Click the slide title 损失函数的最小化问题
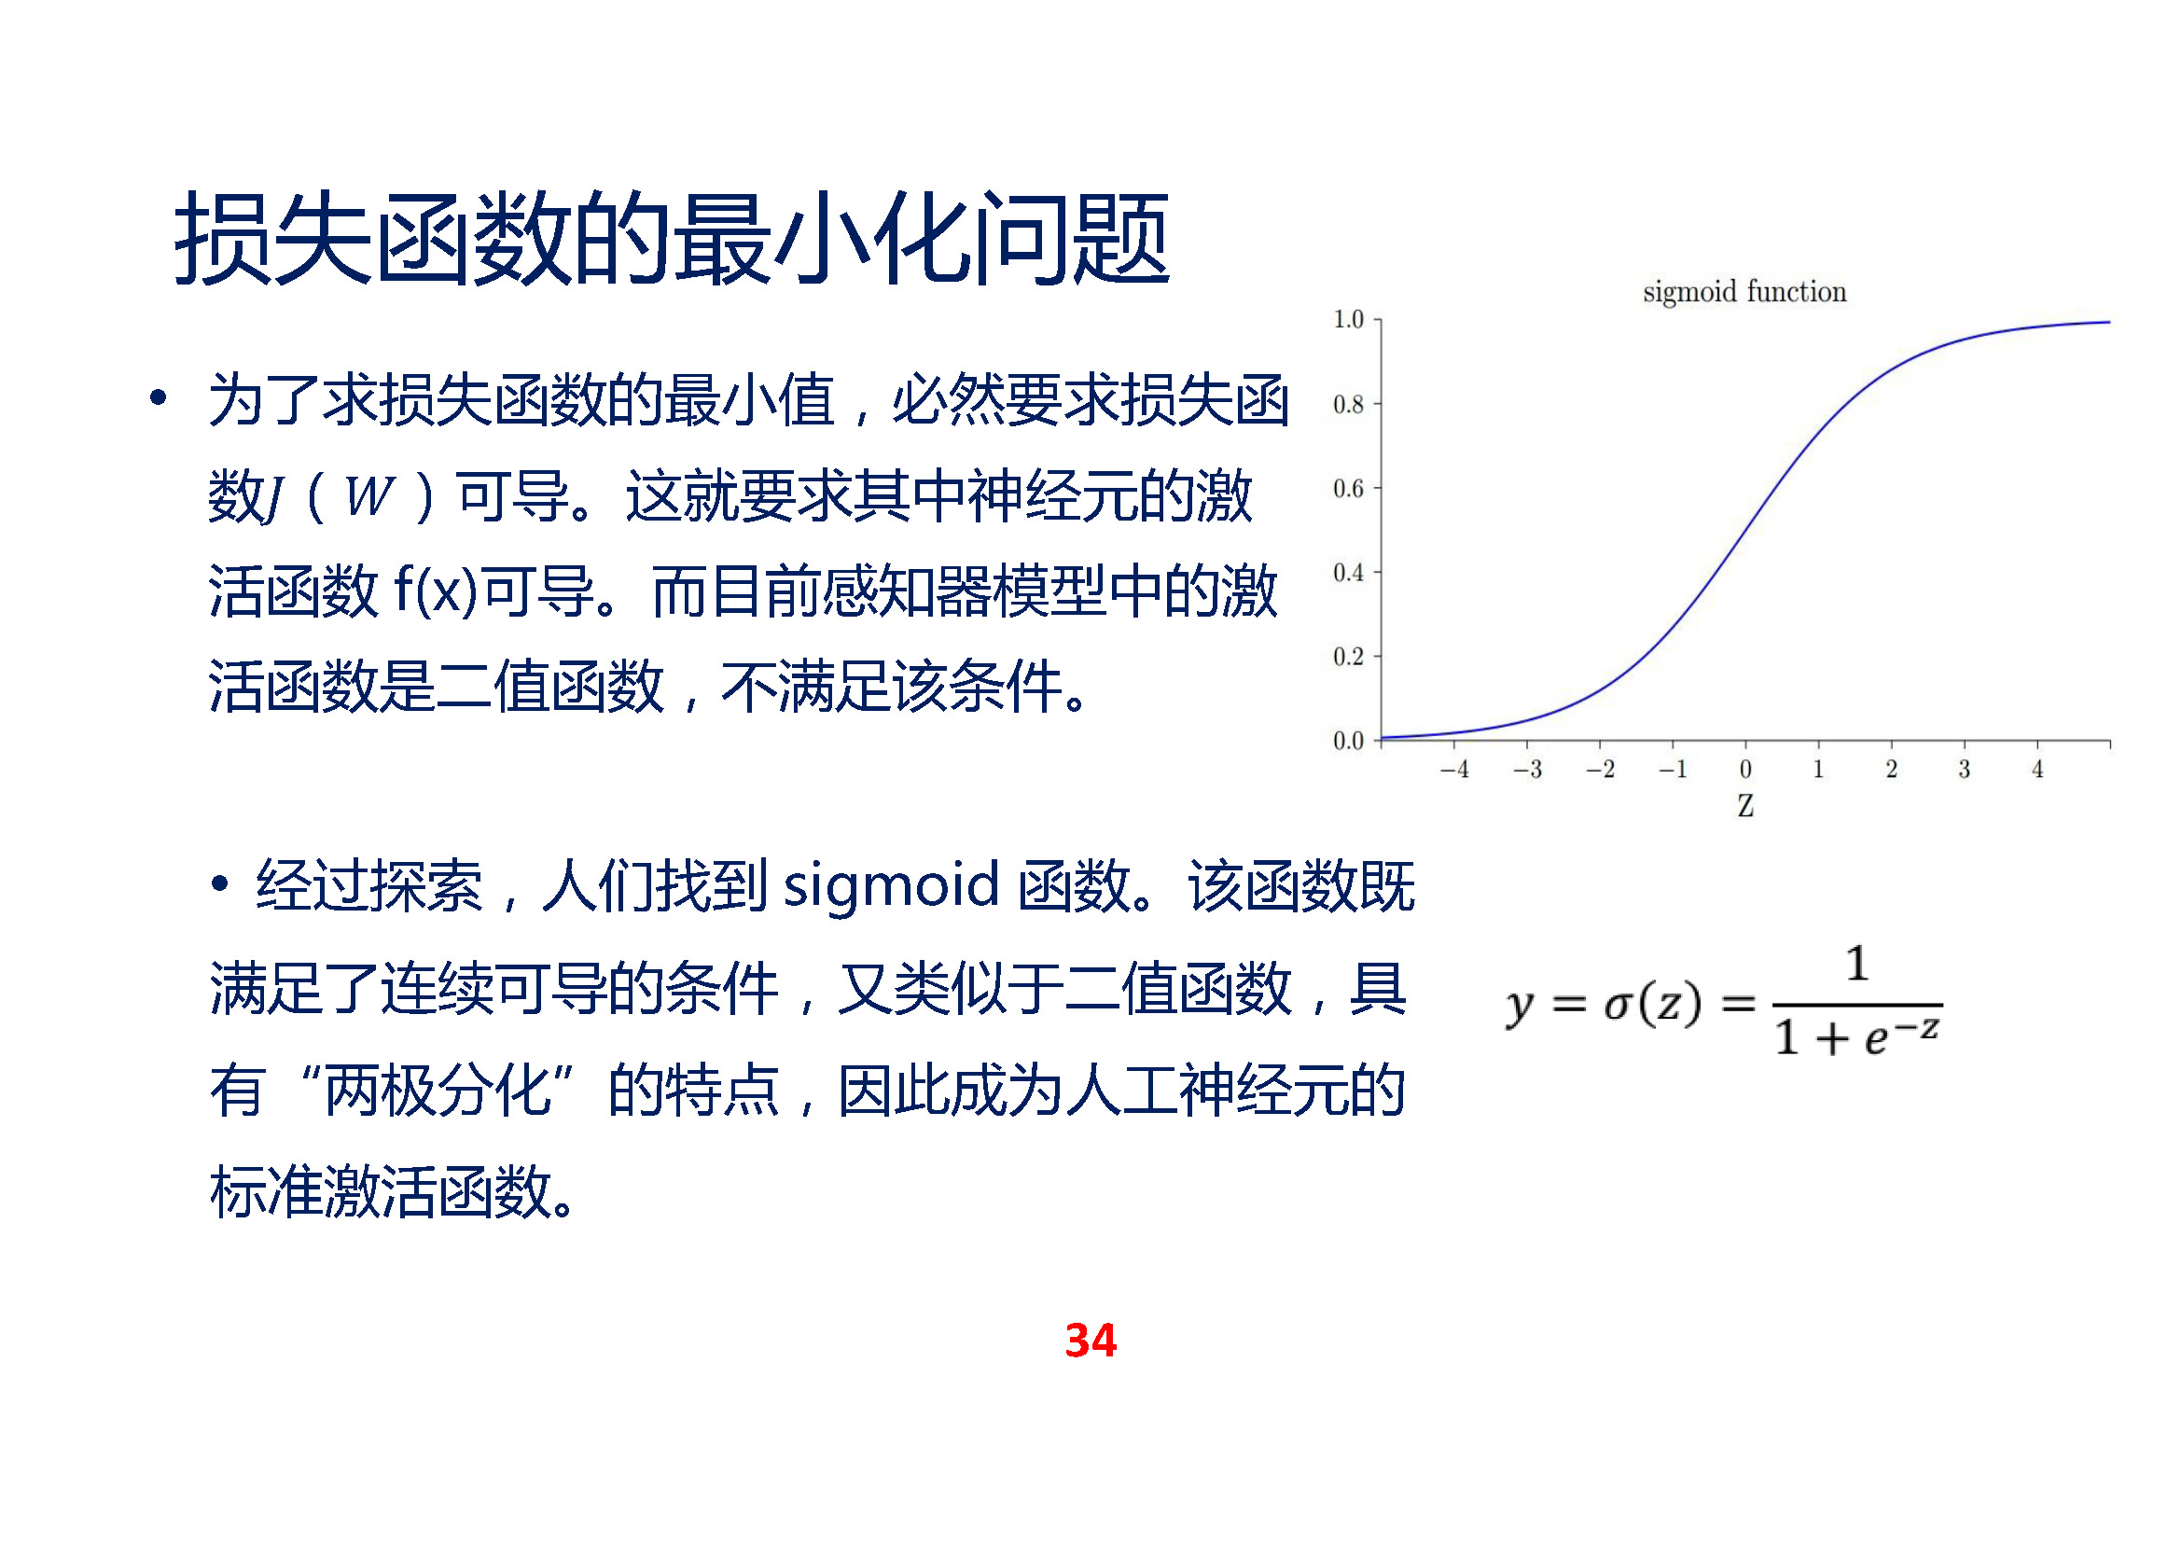pyautogui.click(x=671, y=239)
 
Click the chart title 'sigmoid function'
pyautogui.click(x=1744, y=292)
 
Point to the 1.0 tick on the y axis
pyautogui.click(x=1349, y=319)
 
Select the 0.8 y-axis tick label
pyautogui.click(x=1349, y=404)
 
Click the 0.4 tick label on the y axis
pyautogui.click(x=1349, y=572)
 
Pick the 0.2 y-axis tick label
pyautogui.click(x=1349, y=657)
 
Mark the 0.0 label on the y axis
pyautogui.click(x=1349, y=740)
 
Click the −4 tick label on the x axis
pyautogui.click(x=1454, y=769)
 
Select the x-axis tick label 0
pyautogui.click(x=1745, y=769)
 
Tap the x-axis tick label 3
pyautogui.click(x=1965, y=769)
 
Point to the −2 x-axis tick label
pyautogui.click(x=1601, y=769)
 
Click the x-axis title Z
pyautogui.click(x=1745, y=806)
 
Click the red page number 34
pyautogui.click(x=1091, y=1341)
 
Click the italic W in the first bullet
pyautogui.click(x=369, y=495)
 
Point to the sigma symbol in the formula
pyautogui.click(x=1619, y=1007)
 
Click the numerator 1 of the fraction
pyautogui.click(x=1857, y=965)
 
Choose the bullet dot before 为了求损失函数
pyautogui.click(x=159, y=397)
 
